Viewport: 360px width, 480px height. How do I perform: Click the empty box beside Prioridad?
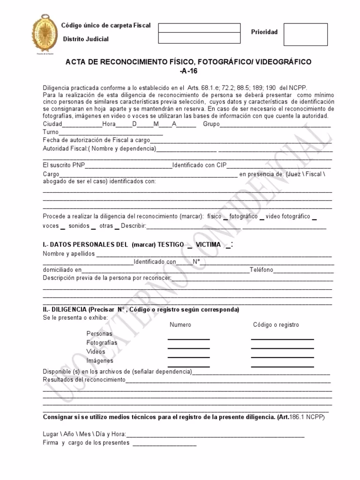pos(306,35)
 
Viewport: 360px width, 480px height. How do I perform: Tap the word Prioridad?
pos(264,32)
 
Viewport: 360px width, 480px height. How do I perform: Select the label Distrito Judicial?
pos(86,39)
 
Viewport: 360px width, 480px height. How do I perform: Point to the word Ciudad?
pos(52,124)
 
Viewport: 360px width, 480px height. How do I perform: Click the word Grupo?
pos(211,124)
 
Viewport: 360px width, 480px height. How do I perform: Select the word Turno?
pos(51,132)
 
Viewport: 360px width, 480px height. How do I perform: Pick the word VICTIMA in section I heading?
pos(208,245)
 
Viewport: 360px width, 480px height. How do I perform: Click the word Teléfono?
pos(262,270)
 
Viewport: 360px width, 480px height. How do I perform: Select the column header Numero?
pos(180,325)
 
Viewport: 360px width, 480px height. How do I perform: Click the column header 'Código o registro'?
pos(276,325)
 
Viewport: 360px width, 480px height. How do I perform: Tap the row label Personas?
pos(99,334)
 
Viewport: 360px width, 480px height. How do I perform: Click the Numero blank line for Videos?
pos(188,357)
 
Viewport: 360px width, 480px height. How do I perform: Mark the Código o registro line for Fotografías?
pos(282,348)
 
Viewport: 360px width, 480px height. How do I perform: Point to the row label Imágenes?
pos(100,361)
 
